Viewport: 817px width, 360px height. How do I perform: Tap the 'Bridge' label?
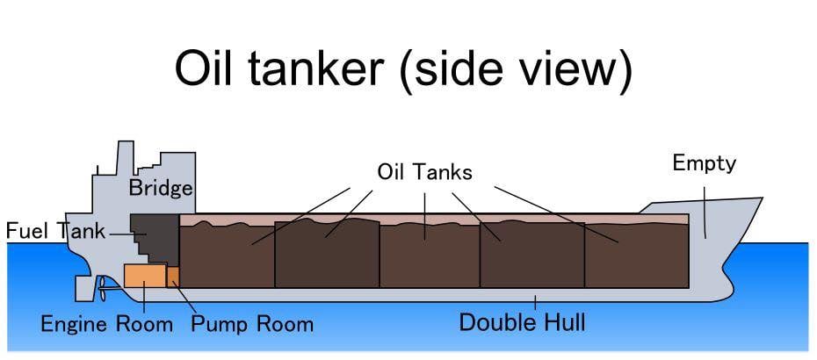click(161, 187)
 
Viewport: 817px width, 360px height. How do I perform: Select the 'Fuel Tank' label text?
click(55, 232)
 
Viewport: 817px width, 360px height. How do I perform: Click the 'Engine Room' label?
click(106, 324)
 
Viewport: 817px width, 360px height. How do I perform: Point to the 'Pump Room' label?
click(252, 324)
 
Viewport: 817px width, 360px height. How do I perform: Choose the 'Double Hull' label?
click(523, 322)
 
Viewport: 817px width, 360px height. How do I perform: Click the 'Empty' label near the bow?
click(704, 163)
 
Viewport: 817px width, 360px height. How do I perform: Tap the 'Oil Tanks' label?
click(424, 171)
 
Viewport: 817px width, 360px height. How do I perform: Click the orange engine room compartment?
click(144, 276)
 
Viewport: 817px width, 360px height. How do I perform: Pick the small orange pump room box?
click(173, 277)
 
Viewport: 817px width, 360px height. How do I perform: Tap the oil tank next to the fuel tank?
click(227, 257)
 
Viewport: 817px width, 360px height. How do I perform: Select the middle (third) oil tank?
click(430, 256)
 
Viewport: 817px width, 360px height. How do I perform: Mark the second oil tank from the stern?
click(327, 256)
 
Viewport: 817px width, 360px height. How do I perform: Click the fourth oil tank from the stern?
click(531, 256)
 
